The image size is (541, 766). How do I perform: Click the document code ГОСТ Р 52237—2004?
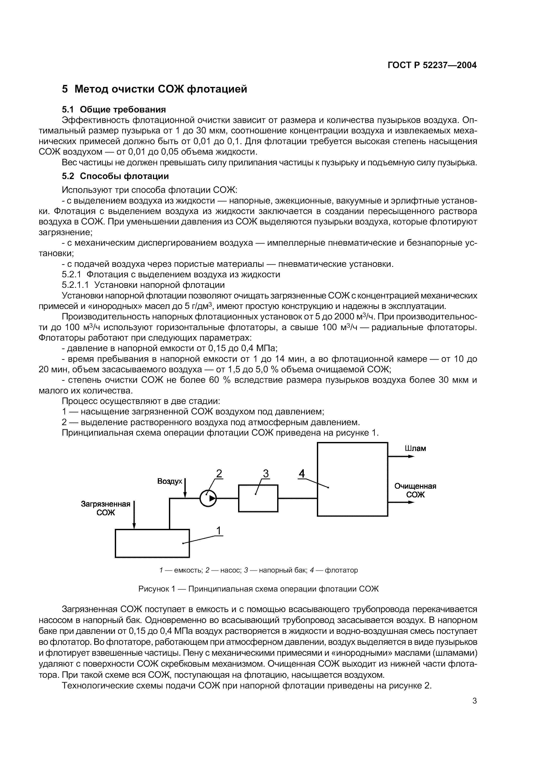coord(432,65)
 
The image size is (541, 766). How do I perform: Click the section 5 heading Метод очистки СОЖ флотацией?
coord(155,89)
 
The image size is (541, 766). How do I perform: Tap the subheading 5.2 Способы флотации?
coord(115,176)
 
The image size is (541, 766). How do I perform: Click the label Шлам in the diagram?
coord(415,448)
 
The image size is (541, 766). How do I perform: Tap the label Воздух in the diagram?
coord(170,481)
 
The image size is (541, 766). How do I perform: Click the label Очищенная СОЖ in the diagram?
coord(415,490)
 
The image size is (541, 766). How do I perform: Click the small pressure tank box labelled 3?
coord(258,498)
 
